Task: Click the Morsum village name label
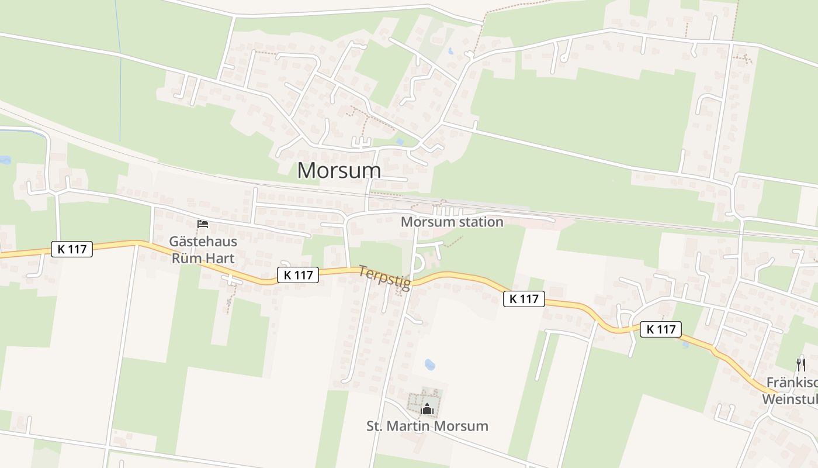point(339,170)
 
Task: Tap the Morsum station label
point(452,222)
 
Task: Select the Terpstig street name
point(384,277)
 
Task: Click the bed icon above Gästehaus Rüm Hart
point(203,224)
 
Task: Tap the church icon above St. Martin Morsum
point(427,409)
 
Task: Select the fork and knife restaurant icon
point(801,365)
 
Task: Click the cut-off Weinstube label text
point(789,400)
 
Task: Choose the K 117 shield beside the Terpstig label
point(298,274)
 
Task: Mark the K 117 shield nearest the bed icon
point(72,249)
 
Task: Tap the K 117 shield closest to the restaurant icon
point(661,329)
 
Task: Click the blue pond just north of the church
point(429,364)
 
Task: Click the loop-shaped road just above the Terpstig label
point(418,264)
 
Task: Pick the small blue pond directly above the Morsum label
point(399,142)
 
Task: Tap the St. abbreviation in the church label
point(375,426)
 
